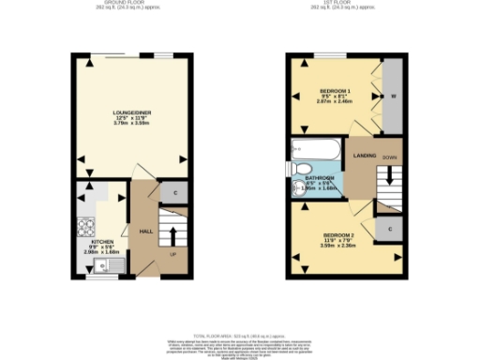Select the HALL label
pyautogui.click(x=146, y=230)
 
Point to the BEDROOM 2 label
pyautogui.click(x=337, y=234)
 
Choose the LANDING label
pyautogui.click(x=364, y=156)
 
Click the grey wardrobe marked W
pyautogui.click(x=393, y=96)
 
